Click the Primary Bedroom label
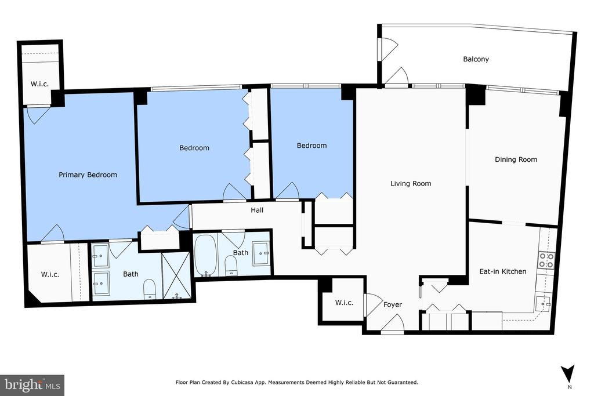88,175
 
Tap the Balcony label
476,59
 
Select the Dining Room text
516,159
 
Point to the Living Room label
411,184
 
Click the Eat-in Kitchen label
503,271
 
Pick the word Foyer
393,305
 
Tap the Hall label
257,210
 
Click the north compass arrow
568,373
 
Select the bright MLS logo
32,385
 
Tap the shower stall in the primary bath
175,277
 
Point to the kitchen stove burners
546,260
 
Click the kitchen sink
544,304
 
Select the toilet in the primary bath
149,290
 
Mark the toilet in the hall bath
230,266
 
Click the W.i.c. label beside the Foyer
344,303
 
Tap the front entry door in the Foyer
393,325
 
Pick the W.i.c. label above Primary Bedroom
40,84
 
